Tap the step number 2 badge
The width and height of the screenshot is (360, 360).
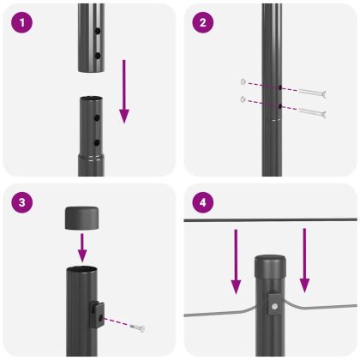[202, 23]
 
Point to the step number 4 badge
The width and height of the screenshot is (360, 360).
[202, 203]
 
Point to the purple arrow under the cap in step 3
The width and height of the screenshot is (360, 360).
[83, 248]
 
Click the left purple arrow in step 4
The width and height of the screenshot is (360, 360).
[234, 258]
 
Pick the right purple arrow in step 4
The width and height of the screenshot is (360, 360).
[305, 258]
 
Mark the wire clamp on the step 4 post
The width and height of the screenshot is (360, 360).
[272, 303]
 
